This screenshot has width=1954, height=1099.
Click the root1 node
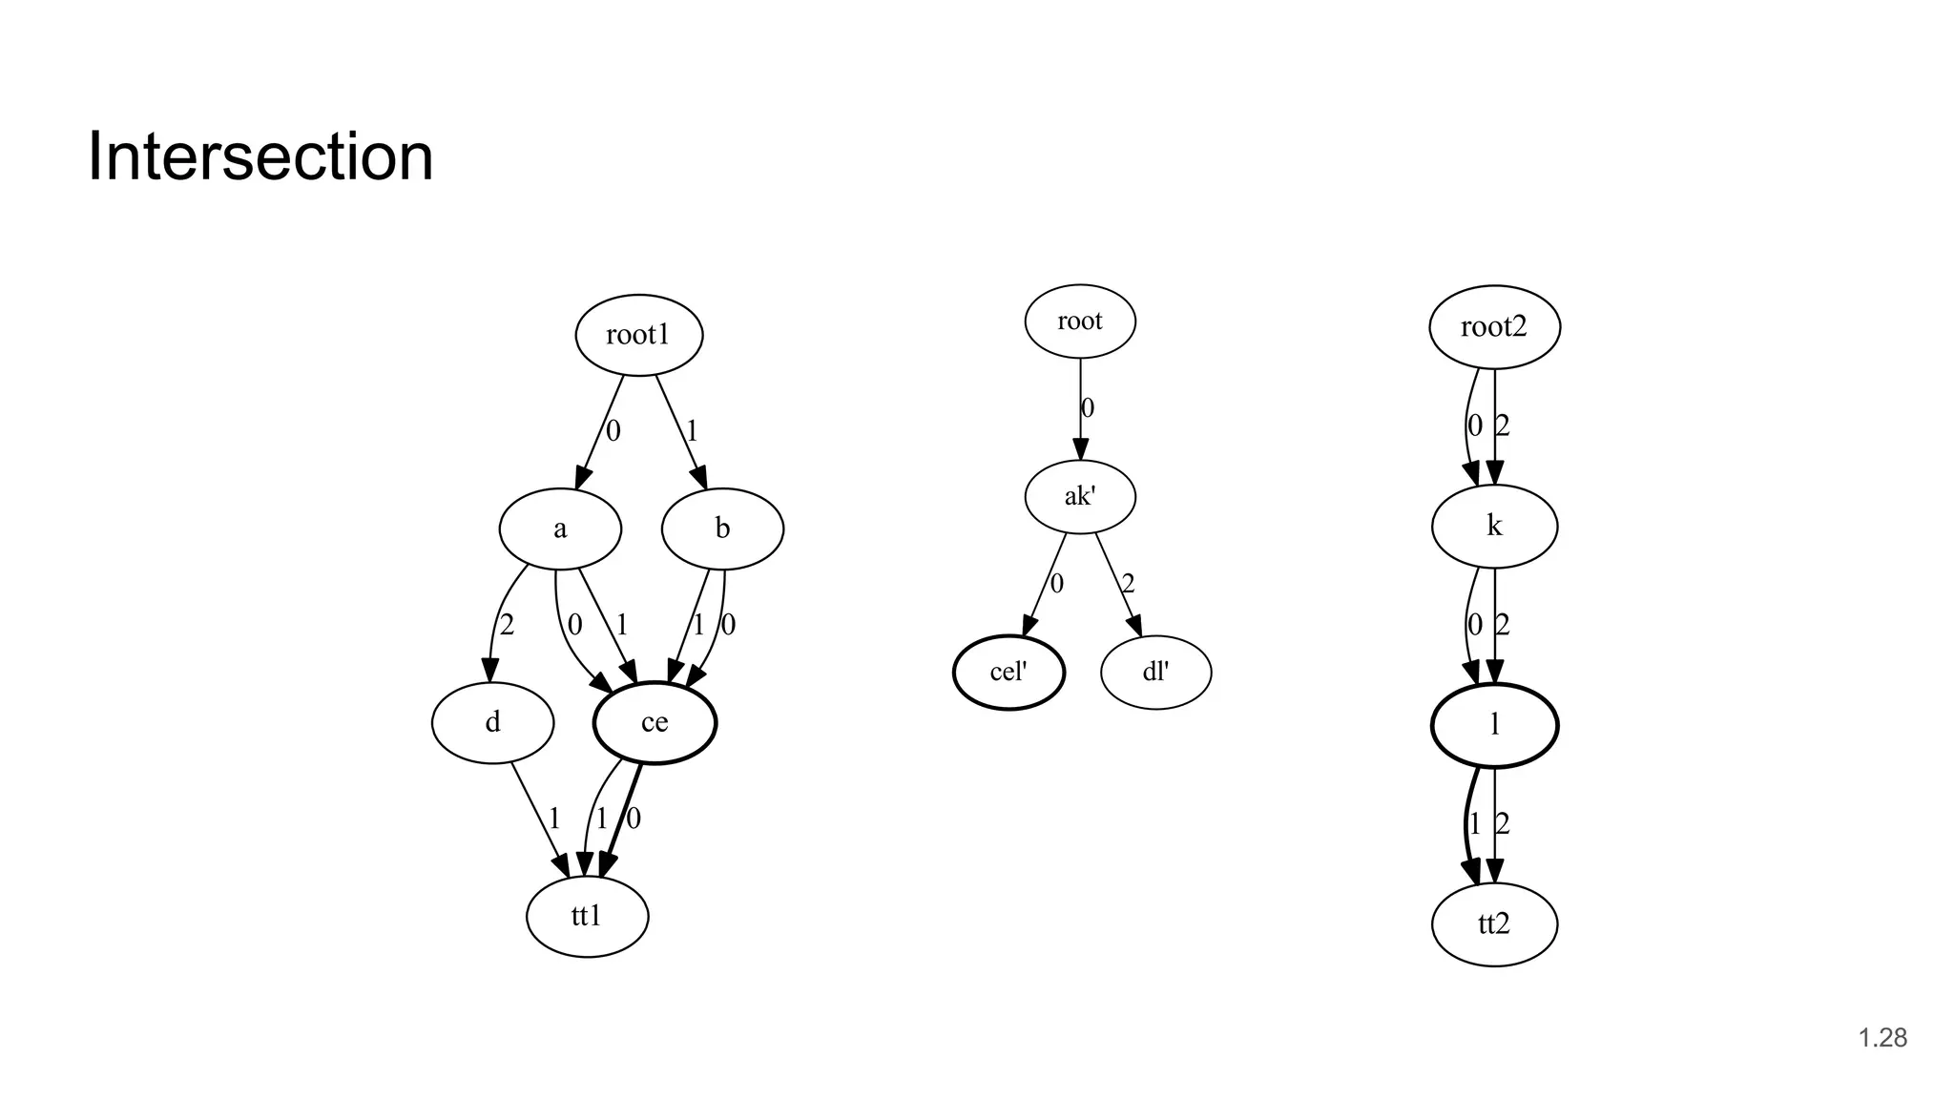pyautogui.click(x=639, y=335)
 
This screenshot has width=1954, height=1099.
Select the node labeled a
pyautogui.click(x=560, y=529)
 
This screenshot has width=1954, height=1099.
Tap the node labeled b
pyautogui.click(x=722, y=529)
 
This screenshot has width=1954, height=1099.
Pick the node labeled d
pyautogui.click(x=492, y=722)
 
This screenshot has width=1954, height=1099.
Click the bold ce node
pyautogui.click(x=655, y=722)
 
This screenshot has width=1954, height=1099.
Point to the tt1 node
pyautogui.click(x=587, y=916)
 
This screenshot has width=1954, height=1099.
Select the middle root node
pyautogui.click(x=1080, y=321)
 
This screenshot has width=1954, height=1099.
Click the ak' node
pyautogui.click(x=1080, y=496)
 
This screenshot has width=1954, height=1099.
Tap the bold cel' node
pyautogui.click(x=1008, y=672)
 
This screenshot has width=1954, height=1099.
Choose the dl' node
pyautogui.click(x=1155, y=672)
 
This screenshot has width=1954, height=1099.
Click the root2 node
pyautogui.click(x=1494, y=327)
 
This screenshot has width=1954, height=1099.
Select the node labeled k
pyautogui.click(x=1494, y=526)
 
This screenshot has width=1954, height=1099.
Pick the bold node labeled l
pyautogui.click(x=1494, y=725)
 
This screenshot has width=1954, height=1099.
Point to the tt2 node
pyautogui.click(x=1494, y=923)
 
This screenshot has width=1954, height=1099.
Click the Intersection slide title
pyautogui.click(x=260, y=156)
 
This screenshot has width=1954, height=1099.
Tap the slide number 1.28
pyautogui.click(x=1882, y=1038)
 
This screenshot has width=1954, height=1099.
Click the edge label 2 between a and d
pyautogui.click(x=507, y=625)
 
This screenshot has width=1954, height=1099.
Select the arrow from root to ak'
pyautogui.click(x=1080, y=420)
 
